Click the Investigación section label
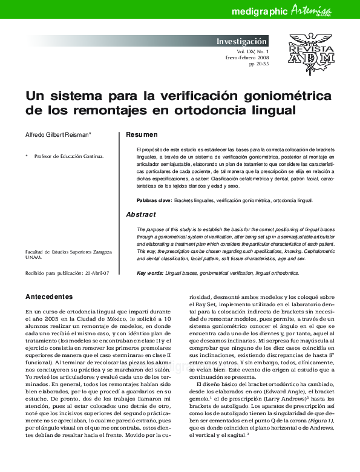click(x=241, y=42)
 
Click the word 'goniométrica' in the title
click(x=283, y=96)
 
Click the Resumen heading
click(x=142, y=134)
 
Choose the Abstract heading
click(x=140, y=214)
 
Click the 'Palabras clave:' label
click(x=154, y=200)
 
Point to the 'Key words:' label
click(x=150, y=274)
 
